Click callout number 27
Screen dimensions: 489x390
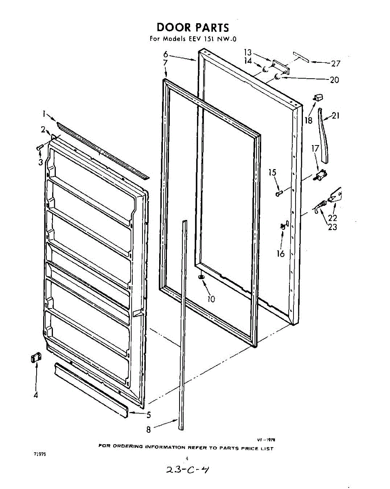[x=336, y=63]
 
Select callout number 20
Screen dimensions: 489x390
[x=334, y=80]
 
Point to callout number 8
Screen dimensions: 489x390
[x=149, y=429]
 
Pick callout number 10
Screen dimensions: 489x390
[x=211, y=299]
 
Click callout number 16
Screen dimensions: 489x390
[x=280, y=253]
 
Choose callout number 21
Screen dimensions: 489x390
[x=335, y=116]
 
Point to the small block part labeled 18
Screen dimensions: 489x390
[x=318, y=98]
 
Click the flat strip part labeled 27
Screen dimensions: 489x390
[x=301, y=56]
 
